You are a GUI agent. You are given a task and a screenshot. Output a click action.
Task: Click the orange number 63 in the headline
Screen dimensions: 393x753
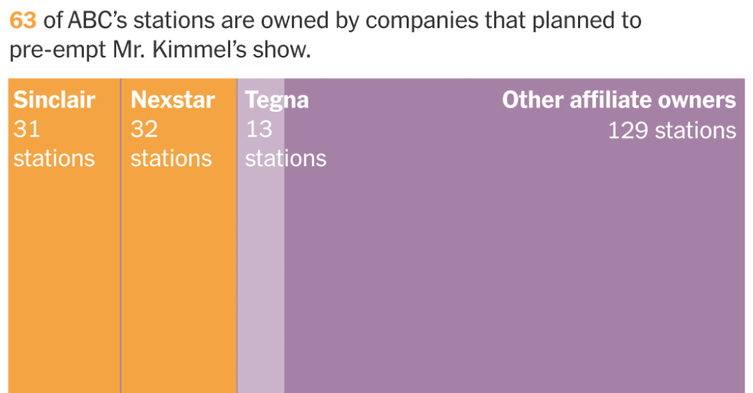[x=22, y=20]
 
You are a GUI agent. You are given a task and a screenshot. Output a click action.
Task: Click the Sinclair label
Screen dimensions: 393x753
[x=54, y=100]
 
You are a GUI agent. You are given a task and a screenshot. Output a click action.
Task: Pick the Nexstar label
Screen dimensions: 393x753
[x=172, y=100]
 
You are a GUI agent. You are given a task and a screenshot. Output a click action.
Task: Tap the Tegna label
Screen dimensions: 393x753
[x=276, y=100]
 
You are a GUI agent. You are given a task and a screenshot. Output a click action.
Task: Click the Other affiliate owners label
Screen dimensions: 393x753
[x=618, y=100]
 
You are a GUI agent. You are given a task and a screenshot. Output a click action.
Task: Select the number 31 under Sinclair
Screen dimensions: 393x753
[x=26, y=129]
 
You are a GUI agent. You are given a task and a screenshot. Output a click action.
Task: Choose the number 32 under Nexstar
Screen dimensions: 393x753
[x=144, y=129]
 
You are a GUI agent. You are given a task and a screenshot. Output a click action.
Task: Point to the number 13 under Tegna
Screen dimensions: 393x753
[x=259, y=129]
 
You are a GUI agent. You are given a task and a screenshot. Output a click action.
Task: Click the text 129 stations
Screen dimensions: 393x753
[x=671, y=131]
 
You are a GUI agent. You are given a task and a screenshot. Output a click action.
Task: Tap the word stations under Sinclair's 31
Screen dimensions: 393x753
[x=54, y=158]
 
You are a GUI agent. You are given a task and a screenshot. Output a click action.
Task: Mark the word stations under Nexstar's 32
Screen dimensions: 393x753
[x=171, y=158]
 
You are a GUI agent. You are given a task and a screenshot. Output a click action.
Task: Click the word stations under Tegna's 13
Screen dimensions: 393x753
[x=285, y=158]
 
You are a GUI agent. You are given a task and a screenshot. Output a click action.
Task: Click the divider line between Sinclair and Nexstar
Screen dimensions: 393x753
[x=121, y=279]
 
